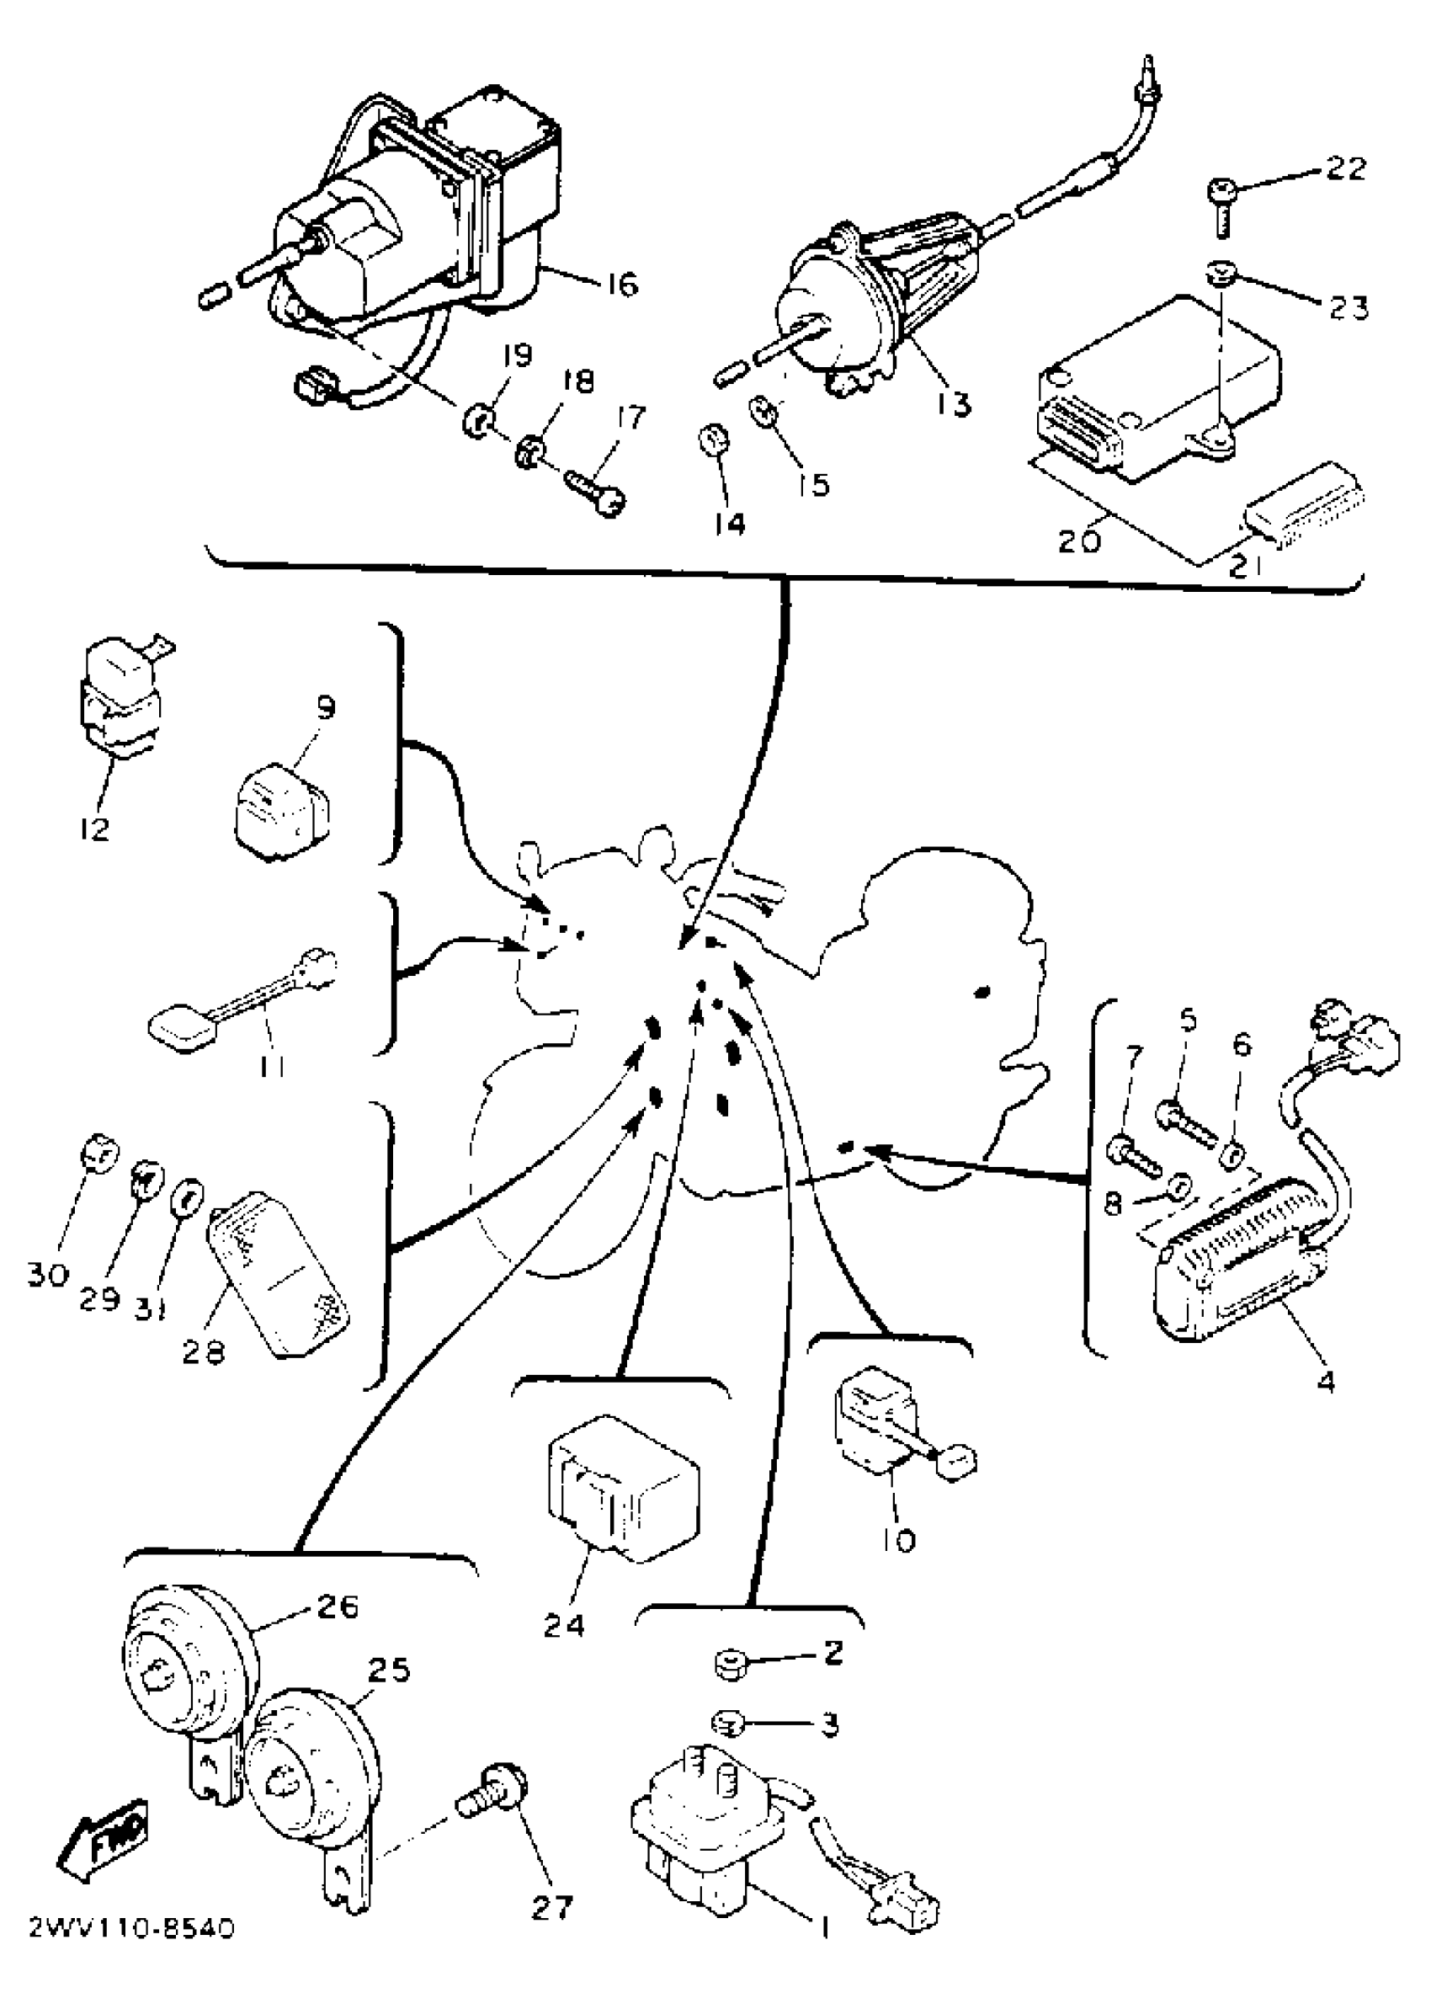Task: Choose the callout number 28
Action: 204,1351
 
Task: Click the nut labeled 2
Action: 729,1664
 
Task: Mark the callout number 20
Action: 1077,540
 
